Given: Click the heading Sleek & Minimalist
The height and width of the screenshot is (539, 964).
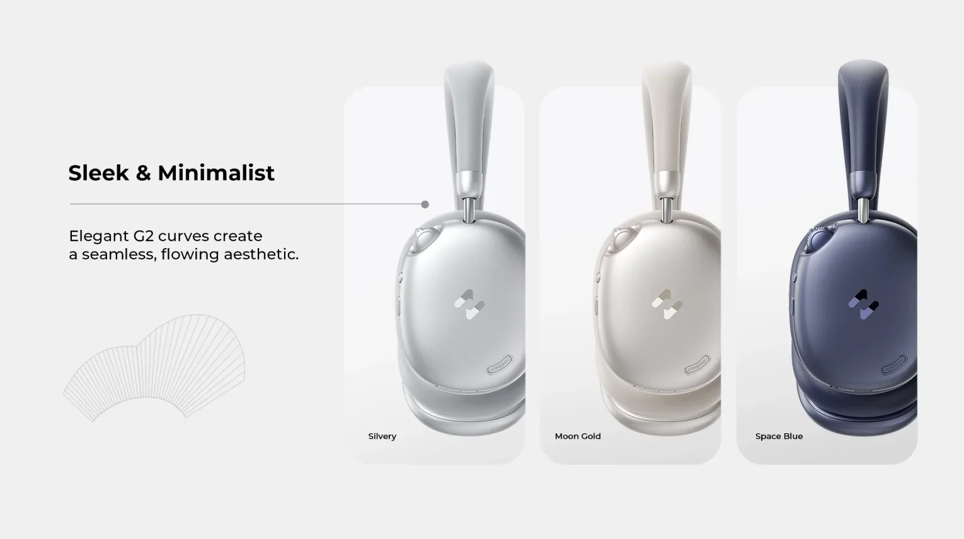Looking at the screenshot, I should point(171,173).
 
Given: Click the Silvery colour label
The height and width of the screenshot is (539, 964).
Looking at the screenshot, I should point(382,436).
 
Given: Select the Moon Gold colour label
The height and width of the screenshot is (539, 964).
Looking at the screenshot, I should point(578,436).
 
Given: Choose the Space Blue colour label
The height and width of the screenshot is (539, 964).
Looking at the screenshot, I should point(779,436).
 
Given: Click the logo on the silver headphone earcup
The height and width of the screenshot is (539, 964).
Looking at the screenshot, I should point(469,304).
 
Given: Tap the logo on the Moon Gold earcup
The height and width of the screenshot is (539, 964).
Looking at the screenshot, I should point(667,304).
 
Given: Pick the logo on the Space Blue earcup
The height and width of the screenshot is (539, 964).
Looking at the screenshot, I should point(863,304).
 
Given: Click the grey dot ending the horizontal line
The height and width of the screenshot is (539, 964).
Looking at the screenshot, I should point(425,205).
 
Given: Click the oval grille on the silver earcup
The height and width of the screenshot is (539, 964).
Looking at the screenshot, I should point(502,365).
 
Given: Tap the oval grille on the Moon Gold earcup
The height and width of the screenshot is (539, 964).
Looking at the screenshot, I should point(697,365).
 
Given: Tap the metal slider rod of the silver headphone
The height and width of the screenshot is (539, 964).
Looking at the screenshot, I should point(469,210).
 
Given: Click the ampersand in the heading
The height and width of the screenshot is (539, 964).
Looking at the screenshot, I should point(143,173).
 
